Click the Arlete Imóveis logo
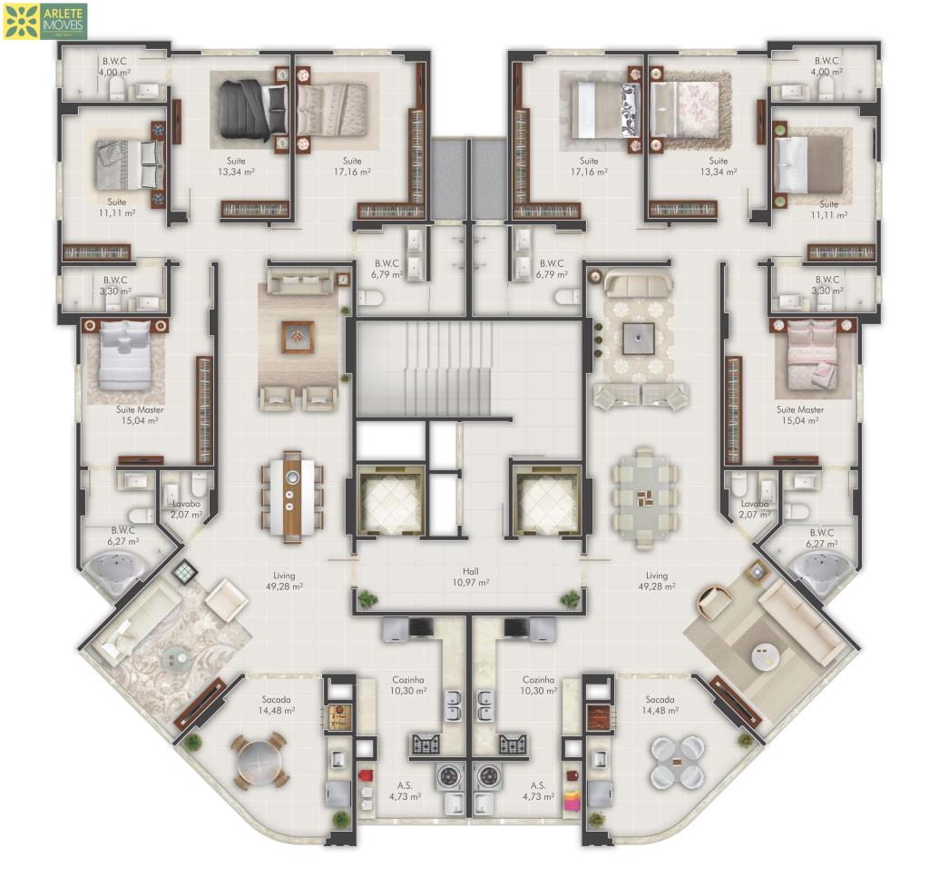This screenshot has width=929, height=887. pos(45,22)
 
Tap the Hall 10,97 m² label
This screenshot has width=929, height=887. pos(471,577)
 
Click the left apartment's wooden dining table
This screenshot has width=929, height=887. pos(291,497)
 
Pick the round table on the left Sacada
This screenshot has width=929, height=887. pos(260,762)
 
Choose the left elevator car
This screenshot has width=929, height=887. pos(390,501)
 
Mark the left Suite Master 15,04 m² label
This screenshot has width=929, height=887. pos(140,415)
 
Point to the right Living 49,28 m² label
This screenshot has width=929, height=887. pos(657,581)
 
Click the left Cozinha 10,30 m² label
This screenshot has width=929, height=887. pos(407,685)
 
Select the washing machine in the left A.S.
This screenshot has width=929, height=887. pos(453,776)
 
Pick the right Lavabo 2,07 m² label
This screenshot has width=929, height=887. pos(754,508)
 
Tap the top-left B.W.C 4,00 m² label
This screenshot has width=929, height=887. pos(114,66)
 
